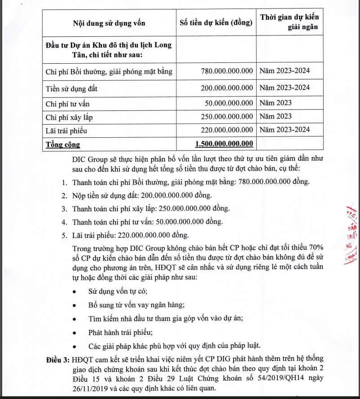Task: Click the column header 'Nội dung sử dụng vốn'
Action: point(109,22)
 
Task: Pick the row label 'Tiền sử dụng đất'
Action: point(71,88)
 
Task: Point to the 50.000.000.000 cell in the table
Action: point(229,103)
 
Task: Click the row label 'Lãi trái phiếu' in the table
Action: point(66,131)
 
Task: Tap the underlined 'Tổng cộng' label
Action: point(63,145)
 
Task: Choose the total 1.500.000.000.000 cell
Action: point(224,144)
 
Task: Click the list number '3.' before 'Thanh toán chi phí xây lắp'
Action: point(64,209)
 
